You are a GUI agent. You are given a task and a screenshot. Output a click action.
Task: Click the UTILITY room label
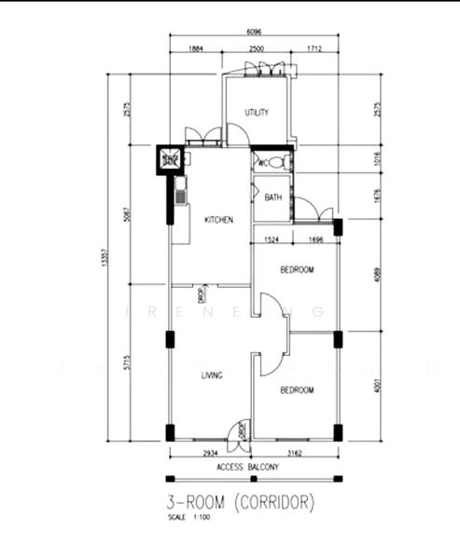[x=257, y=113]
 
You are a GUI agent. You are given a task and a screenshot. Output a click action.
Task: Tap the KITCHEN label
[x=218, y=220]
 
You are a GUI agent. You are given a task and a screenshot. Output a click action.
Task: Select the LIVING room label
[x=212, y=375]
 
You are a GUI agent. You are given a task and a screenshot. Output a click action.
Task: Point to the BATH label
[x=272, y=198]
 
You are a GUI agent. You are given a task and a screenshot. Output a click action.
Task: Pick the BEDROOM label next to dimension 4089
[x=297, y=270]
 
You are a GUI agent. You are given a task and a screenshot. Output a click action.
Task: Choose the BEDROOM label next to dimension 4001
[x=296, y=390]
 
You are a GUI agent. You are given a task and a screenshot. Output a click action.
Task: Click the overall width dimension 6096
[x=253, y=29]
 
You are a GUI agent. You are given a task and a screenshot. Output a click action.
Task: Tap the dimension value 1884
[x=196, y=48]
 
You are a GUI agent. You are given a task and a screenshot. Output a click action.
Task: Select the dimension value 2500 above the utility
[x=257, y=48]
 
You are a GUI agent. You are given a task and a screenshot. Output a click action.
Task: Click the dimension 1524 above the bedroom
[x=272, y=240]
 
